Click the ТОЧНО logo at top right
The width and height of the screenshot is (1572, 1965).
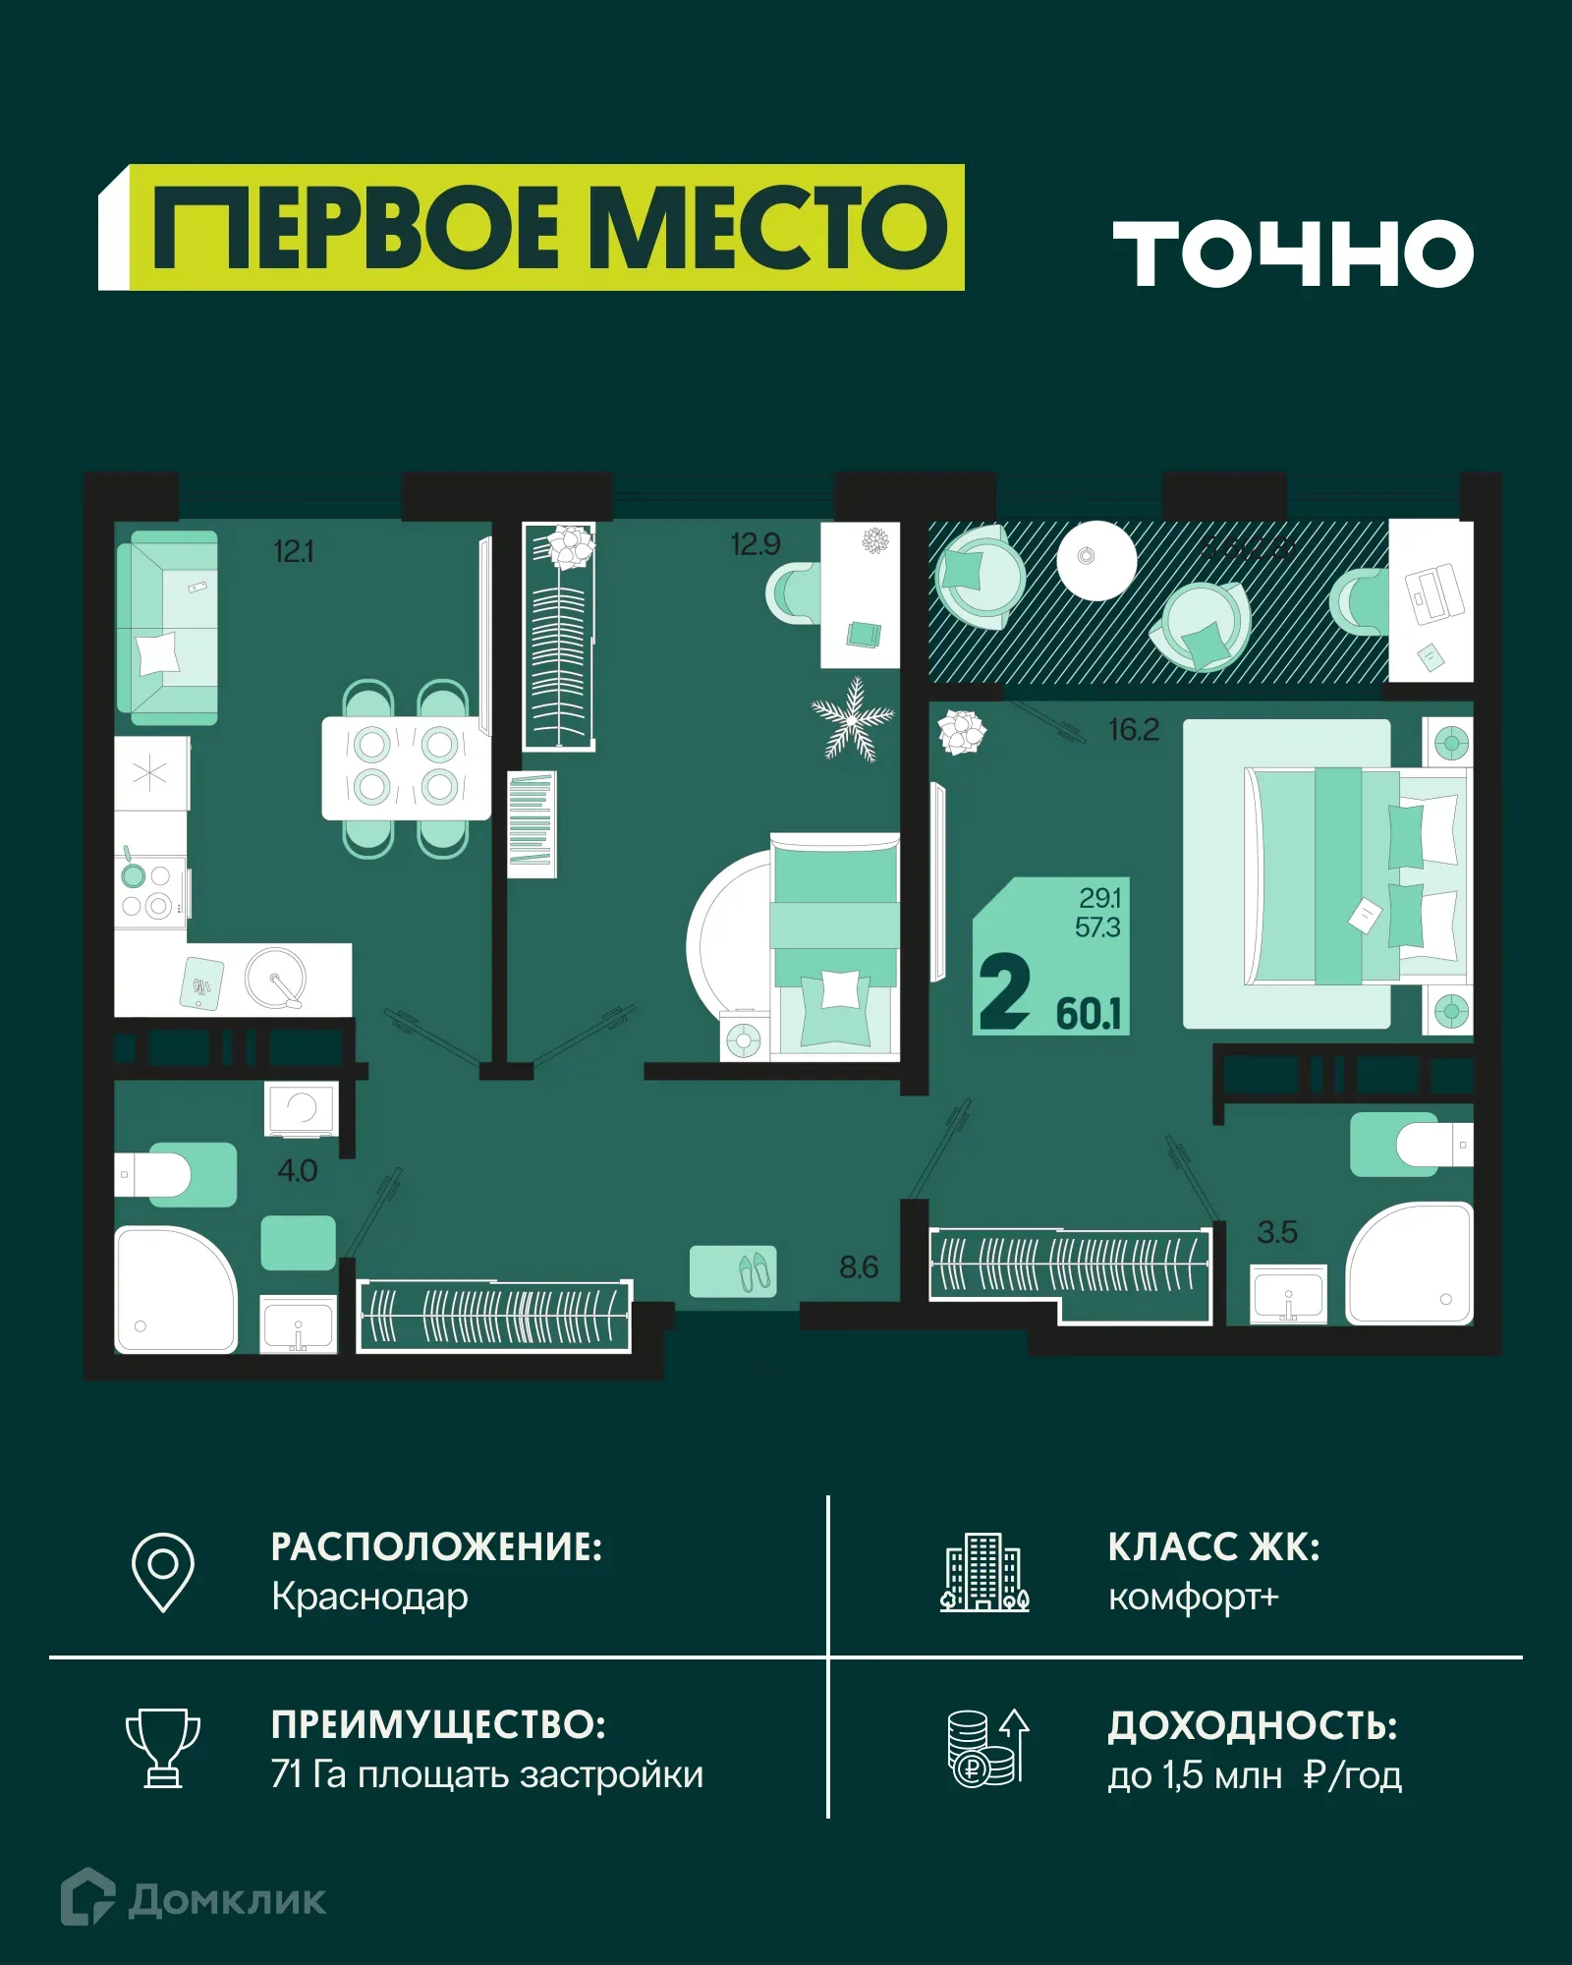(1292, 253)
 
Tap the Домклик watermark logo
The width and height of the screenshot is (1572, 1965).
(194, 1899)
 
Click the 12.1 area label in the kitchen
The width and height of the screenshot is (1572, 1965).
(293, 551)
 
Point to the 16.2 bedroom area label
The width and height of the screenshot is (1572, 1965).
(1134, 730)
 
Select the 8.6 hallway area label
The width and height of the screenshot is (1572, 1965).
(858, 1267)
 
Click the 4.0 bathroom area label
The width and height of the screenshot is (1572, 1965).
(297, 1170)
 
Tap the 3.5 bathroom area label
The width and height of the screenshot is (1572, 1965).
(1276, 1232)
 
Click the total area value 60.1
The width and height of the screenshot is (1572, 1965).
(1089, 1014)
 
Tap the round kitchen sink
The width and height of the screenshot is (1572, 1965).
(275, 978)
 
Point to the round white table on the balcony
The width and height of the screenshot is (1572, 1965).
(1095, 560)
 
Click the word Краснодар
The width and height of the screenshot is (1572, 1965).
(369, 1597)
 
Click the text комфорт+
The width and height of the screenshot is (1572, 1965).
(1193, 1597)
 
